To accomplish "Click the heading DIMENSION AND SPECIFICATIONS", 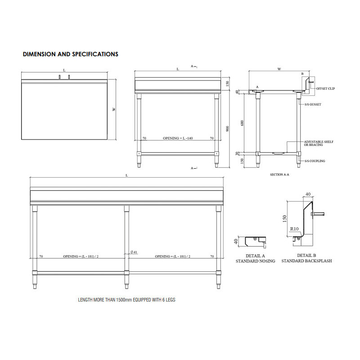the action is click(x=71, y=54).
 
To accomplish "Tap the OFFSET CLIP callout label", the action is click(x=325, y=88).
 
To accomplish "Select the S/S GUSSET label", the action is click(x=313, y=104).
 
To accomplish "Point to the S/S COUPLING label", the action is click(x=315, y=161).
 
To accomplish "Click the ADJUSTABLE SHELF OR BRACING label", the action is click(x=319, y=143).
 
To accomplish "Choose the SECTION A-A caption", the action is click(x=279, y=175).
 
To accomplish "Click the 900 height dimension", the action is click(x=228, y=129).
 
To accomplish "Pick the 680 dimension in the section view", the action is click(x=242, y=123).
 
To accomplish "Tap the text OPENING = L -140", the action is click(x=178, y=138).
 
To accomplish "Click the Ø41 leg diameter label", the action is click(x=134, y=252).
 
